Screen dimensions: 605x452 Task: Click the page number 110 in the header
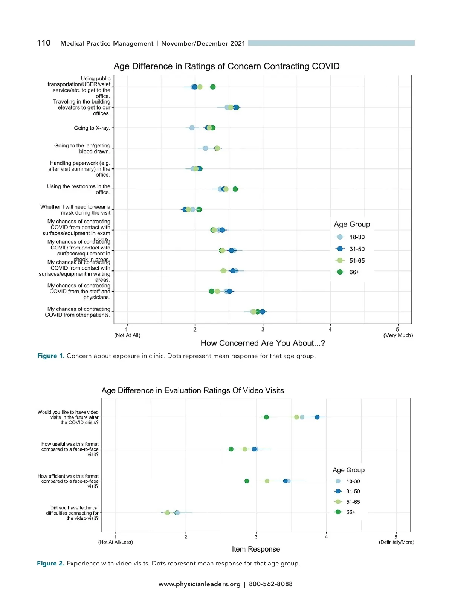(44, 43)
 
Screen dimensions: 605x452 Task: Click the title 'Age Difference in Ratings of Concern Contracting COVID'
(226, 66)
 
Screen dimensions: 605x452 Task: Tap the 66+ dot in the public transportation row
(213, 87)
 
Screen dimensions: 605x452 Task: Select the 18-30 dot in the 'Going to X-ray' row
(192, 128)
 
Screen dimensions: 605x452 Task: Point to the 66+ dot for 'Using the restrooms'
(235, 189)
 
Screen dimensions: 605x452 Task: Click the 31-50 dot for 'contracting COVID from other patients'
(263, 312)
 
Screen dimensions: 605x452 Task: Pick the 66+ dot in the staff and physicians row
(212, 291)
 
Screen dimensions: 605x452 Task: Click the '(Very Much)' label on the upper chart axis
(398, 335)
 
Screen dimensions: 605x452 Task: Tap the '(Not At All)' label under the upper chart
(127, 335)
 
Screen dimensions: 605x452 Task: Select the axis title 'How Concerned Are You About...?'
(263, 343)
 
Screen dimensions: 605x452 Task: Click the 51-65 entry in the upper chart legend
(356, 261)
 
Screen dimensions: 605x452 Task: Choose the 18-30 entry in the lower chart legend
(353, 481)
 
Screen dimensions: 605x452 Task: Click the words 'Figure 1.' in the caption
(51, 356)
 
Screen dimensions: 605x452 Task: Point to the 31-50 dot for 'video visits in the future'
(317, 417)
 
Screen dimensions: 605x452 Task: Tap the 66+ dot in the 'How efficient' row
(247, 481)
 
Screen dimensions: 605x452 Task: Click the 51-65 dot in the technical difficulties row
(168, 513)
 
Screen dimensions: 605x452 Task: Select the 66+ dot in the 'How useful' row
(231, 449)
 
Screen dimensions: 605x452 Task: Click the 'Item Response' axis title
(256, 549)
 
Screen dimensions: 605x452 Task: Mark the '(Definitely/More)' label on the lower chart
(396, 542)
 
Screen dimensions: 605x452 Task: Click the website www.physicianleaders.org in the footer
(199, 584)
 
